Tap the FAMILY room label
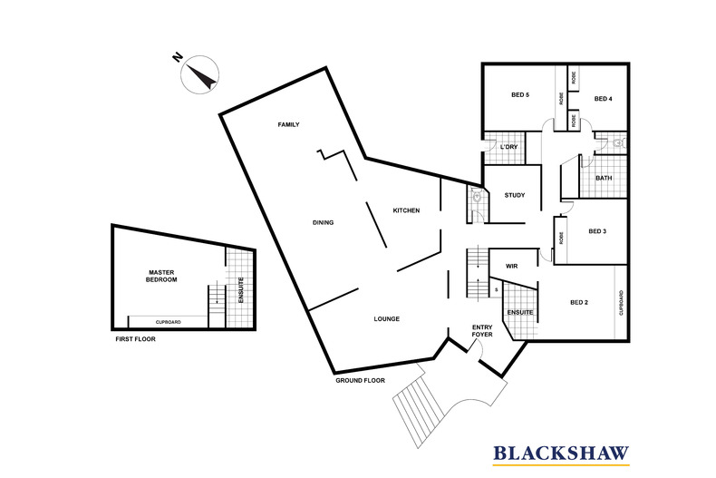[x=288, y=124]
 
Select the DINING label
[x=323, y=222]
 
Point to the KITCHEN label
[x=406, y=210]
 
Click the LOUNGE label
[x=387, y=319]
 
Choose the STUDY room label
[x=515, y=195]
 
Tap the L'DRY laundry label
[x=509, y=147]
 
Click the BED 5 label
[x=520, y=95]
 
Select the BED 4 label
[x=604, y=99]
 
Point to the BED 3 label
[x=597, y=231]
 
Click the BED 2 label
[x=579, y=303]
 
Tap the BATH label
[x=604, y=178]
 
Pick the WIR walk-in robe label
[x=512, y=267]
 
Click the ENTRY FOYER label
[x=482, y=331]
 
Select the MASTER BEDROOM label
[x=161, y=276]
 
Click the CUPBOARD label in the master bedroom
[x=168, y=322]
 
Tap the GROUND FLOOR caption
[x=361, y=380]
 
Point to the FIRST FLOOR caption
[x=136, y=339]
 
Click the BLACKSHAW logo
[x=561, y=454]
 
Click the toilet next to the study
[x=477, y=197]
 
